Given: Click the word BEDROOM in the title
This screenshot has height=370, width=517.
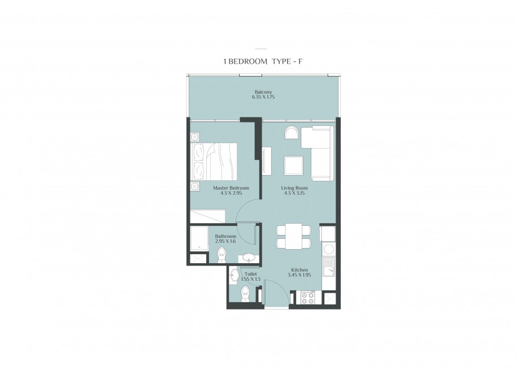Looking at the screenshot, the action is pyautogui.click(x=247, y=62).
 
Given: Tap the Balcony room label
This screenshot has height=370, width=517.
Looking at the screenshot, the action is pyautogui.click(x=263, y=92).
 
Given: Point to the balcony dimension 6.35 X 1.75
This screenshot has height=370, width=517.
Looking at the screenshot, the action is pyautogui.click(x=263, y=97).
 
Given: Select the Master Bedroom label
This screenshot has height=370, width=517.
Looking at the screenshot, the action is pyautogui.click(x=231, y=188).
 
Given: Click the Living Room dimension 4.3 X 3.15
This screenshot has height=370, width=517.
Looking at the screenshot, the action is pyautogui.click(x=294, y=193).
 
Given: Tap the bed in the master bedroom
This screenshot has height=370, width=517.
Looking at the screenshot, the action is pyautogui.click(x=214, y=162).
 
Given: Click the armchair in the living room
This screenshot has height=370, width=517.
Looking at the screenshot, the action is pyautogui.click(x=292, y=133).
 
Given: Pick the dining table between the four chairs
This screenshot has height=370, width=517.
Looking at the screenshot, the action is pyautogui.click(x=294, y=236).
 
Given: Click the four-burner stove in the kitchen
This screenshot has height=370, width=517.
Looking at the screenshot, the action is pyautogui.click(x=307, y=298).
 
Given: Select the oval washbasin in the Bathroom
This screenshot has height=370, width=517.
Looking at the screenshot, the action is pyautogui.click(x=248, y=257).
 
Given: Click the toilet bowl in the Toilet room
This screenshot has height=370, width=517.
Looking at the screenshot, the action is pyautogui.click(x=245, y=294).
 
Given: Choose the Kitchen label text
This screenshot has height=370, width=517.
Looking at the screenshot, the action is pyautogui.click(x=299, y=270).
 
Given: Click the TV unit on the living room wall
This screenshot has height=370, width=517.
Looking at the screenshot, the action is pyautogui.click(x=267, y=161).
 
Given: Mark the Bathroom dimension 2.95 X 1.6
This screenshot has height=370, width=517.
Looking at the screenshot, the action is pyautogui.click(x=225, y=241).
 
